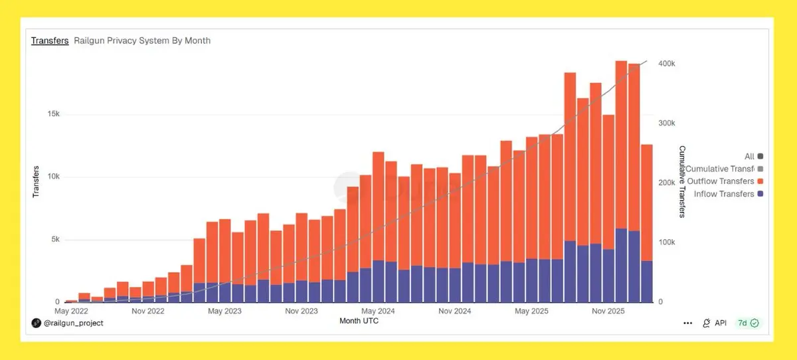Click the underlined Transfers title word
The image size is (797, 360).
[x=50, y=41]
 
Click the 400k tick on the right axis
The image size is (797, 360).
[x=667, y=64]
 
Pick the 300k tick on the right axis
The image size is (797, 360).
[x=667, y=124]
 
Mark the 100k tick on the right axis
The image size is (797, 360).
[x=667, y=242]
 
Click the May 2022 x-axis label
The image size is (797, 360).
[x=72, y=311]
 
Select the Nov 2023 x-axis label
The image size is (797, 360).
[x=302, y=311]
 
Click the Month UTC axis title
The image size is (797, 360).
[x=359, y=321]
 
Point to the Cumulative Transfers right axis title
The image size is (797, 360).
[x=681, y=181]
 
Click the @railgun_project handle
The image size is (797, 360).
[x=72, y=323]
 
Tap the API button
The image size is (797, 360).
[x=715, y=323]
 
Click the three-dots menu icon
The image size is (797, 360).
[x=688, y=323]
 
